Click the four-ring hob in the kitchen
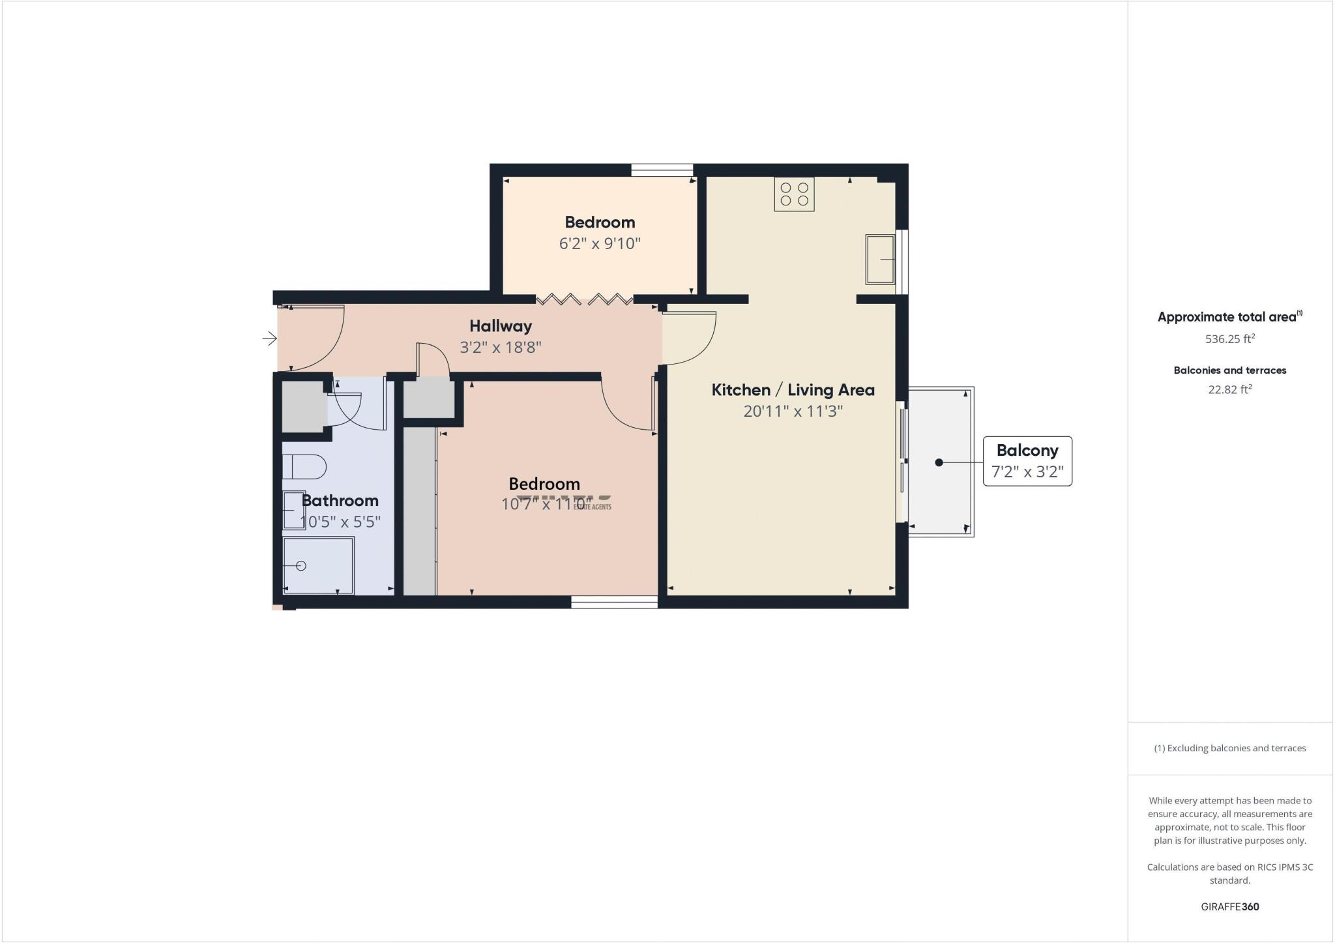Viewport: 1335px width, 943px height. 794,194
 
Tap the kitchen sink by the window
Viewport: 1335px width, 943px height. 880,260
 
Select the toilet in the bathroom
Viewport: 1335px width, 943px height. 304,467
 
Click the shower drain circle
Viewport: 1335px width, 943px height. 301,565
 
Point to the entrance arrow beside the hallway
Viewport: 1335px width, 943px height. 269,338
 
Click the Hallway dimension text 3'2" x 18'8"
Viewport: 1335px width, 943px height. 501,347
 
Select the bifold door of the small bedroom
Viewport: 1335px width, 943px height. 584,299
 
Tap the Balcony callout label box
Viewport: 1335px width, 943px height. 1027,461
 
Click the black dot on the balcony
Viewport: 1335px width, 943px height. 939,462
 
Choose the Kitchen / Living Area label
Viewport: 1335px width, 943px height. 793,390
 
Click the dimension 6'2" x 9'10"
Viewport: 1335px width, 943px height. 600,244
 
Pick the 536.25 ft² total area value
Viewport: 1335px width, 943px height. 1230,339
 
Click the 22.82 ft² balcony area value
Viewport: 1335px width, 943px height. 1230,389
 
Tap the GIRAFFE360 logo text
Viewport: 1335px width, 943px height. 1230,906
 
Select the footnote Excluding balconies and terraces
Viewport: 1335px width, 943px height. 1230,748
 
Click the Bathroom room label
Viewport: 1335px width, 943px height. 340,501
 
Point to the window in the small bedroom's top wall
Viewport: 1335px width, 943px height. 662,170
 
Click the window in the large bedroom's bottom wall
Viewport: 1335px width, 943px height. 614,602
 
